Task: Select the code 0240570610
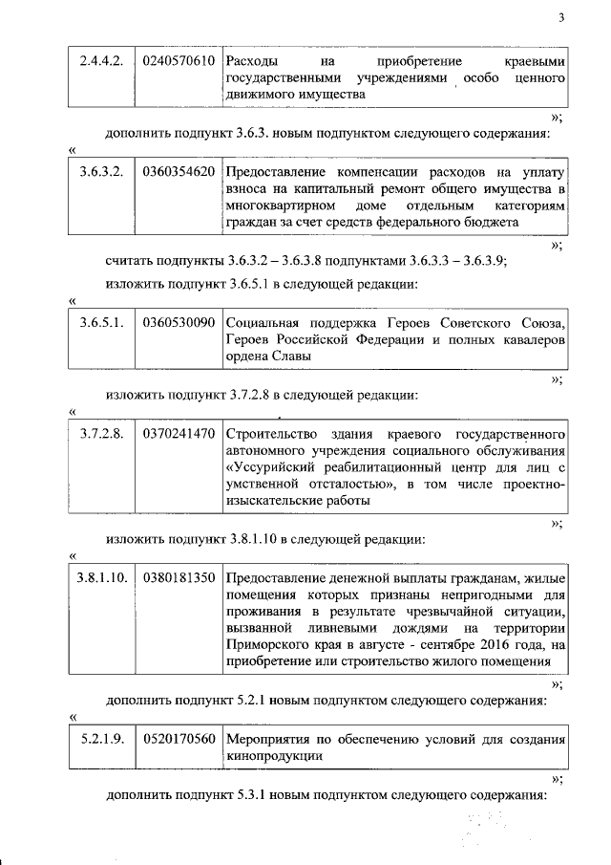(178, 61)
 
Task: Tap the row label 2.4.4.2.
(100, 61)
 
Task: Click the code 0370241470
(178, 435)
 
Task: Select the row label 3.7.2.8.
(100, 435)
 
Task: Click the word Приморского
(266, 645)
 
